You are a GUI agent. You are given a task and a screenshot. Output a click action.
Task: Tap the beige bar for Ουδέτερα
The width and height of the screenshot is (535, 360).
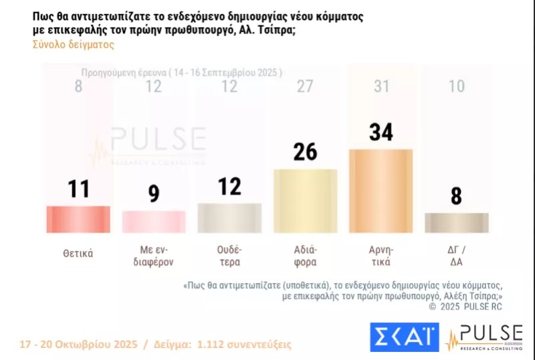229,217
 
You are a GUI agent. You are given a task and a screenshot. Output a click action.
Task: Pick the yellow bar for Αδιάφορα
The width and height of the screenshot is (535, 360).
305,201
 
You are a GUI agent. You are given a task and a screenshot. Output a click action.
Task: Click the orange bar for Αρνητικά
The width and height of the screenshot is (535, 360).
381,191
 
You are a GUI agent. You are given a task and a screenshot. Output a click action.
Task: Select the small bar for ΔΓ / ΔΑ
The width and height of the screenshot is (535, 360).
457,222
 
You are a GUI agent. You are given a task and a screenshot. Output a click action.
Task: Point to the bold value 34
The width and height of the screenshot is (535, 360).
381,132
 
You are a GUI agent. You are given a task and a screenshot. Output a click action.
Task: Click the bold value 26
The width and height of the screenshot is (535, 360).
305,153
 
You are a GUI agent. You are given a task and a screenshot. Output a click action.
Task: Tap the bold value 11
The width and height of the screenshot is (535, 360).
78,189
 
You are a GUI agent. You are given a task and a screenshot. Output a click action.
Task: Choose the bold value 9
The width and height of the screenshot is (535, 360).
154,195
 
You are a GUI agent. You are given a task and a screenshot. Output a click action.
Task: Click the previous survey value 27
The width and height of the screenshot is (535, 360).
305,86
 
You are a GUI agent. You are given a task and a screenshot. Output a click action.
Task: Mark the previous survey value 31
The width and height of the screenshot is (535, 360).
381,86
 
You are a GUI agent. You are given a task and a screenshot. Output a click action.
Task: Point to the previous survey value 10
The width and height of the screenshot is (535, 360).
457,86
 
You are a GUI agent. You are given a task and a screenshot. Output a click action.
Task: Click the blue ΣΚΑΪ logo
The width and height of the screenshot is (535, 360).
404,337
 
